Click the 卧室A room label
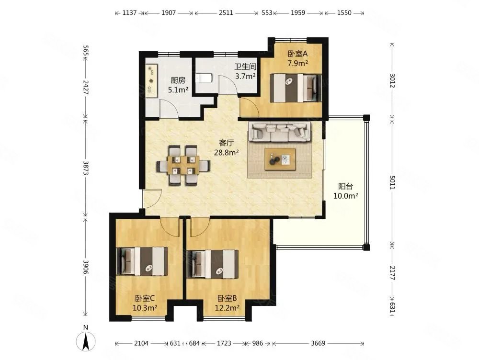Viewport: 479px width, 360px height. pyautogui.click(x=297, y=58)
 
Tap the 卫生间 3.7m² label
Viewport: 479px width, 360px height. pyautogui.click(x=244, y=71)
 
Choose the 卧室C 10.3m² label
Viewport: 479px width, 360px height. pyautogui.click(x=145, y=303)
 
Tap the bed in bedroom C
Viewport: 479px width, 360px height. pyautogui.click(x=142, y=261)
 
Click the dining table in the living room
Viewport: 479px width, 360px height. pyautogui.click(x=184, y=165)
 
